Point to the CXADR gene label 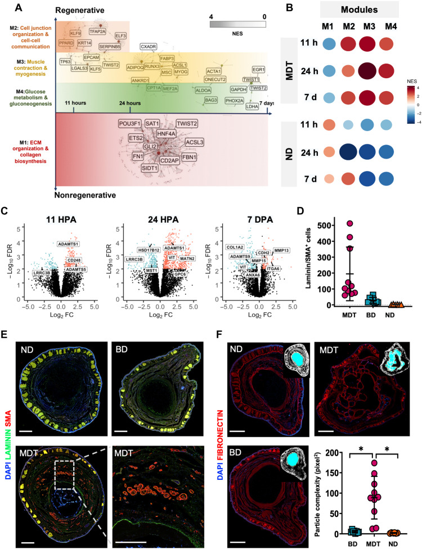point(149,47)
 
